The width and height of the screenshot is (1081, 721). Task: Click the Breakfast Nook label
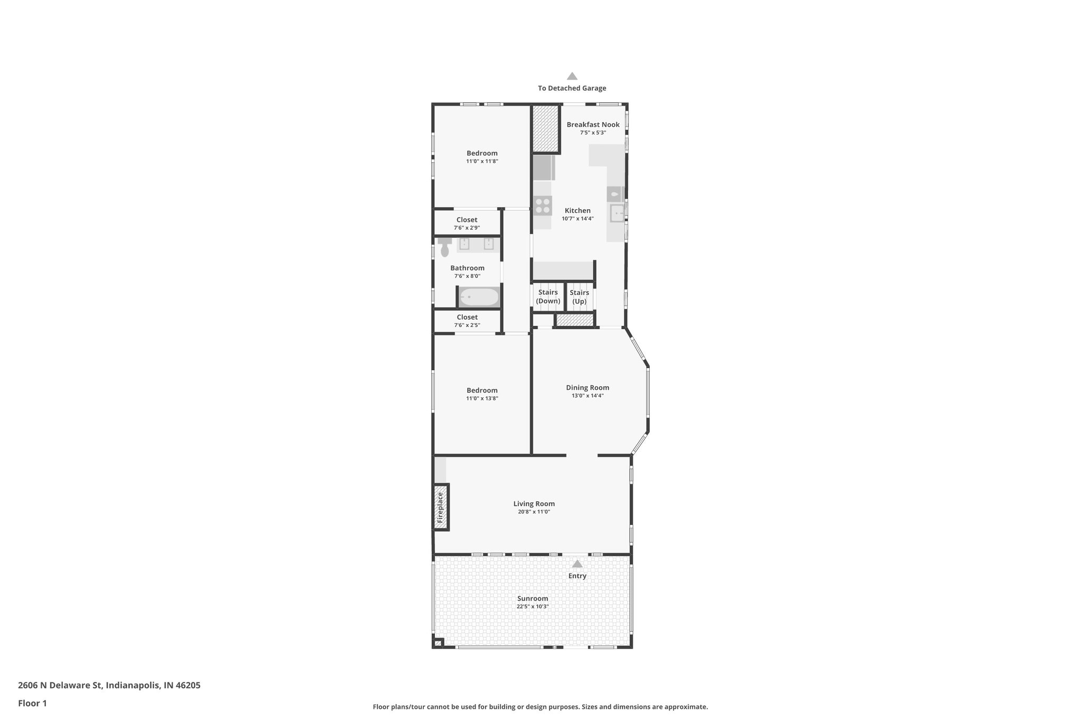593,125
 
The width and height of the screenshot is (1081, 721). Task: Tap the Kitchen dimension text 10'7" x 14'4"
577,219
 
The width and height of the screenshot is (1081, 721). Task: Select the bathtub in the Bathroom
478,297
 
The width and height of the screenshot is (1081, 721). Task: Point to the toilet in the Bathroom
444,247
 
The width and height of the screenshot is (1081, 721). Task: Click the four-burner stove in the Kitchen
543,205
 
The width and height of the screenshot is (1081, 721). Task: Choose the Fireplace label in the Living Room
441,507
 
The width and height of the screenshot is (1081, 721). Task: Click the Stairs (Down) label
548,297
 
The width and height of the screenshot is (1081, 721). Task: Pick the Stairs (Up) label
580,297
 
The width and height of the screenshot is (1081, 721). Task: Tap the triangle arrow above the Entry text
577,564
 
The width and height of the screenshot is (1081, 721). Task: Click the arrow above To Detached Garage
572,76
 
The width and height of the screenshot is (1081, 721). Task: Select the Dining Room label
587,388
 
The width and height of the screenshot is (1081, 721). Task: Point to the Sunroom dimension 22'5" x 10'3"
533,606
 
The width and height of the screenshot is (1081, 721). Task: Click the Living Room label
534,504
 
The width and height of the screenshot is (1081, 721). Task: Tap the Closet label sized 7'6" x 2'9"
467,220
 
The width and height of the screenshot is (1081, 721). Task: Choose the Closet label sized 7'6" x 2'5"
467,317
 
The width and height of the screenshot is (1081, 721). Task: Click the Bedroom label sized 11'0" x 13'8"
482,390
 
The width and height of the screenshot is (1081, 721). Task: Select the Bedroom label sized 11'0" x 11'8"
482,153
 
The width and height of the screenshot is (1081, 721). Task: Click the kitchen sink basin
617,213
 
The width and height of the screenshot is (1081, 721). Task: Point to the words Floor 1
33,703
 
